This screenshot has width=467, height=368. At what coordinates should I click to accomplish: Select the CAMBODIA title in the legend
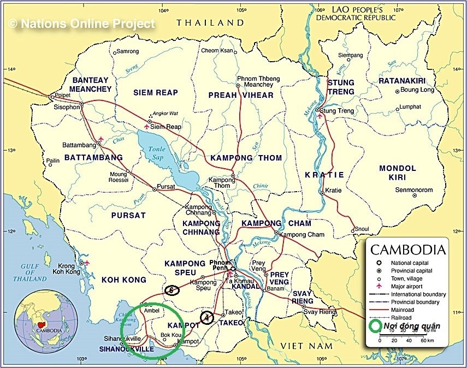[x=407, y=250]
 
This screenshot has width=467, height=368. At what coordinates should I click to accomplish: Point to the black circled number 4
[x=207, y=317]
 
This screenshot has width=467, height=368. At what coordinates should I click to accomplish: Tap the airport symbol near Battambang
[x=101, y=139]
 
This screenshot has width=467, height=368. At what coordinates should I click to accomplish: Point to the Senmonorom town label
[x=413, y=190]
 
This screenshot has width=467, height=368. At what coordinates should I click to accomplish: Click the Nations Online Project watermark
[x=81, y=23]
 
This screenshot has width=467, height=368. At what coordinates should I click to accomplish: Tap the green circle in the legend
[x=375, y=327]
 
